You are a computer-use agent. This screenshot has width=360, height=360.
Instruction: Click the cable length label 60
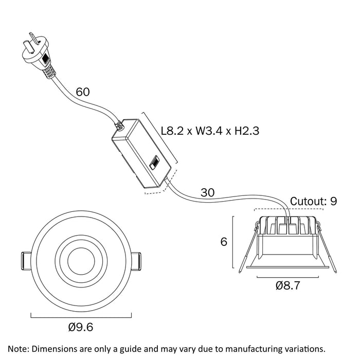coord(83,92)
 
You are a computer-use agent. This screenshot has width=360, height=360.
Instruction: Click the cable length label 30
coord(207,193)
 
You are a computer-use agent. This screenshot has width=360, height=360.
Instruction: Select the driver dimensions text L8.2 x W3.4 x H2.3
coord(209,131)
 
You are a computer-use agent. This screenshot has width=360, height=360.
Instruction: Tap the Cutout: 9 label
coord(314,201)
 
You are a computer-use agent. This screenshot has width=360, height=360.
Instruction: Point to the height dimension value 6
coord(224,242)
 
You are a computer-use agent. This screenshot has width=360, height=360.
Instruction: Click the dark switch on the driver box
coord(154,165)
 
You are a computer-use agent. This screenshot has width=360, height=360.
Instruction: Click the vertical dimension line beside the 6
coord(234,242)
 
